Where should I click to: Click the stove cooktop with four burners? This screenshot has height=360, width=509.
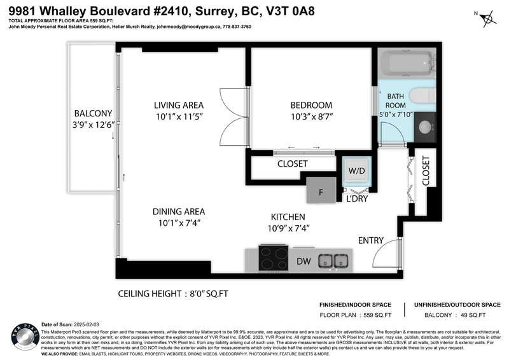pos(275,260)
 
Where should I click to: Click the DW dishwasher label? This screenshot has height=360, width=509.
pos(303,261)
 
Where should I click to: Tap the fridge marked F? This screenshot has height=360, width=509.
pos(321,190)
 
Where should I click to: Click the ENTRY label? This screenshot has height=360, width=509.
pos(371,240)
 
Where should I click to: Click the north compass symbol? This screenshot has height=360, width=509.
pos(488,17)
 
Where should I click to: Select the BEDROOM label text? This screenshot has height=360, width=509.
pos(311,105)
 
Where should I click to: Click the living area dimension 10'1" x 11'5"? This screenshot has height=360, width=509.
pos(178,116)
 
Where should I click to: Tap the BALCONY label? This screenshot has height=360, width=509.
pos(93,113)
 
